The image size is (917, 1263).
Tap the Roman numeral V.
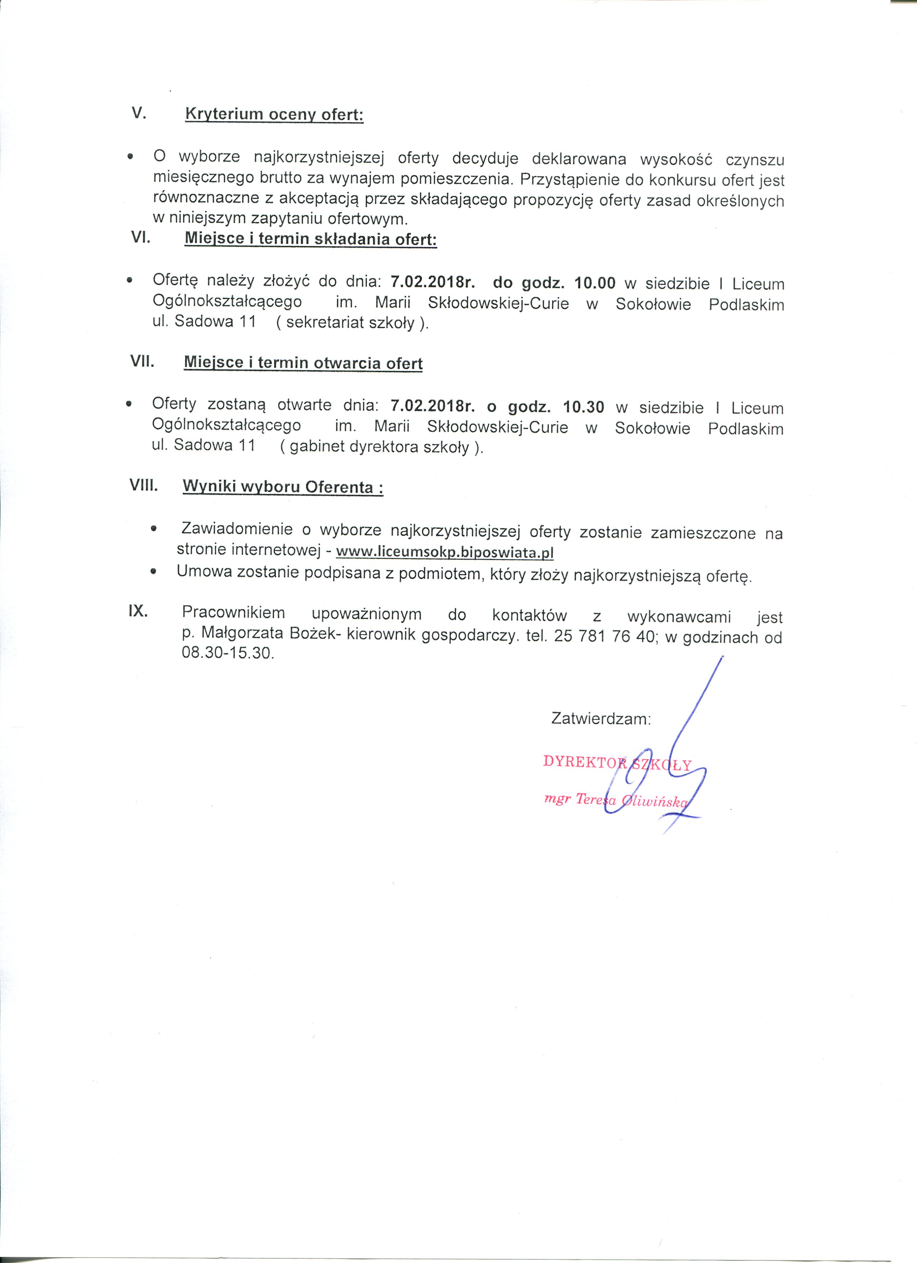pyautogui.click(x=138, y=113)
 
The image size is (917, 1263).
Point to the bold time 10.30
pyautogui.click(x=583, y=407)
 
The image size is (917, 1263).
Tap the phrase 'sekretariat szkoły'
pyautogui.click(x=350, y=322)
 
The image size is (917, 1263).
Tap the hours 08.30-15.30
pyautogui.click(x=228, y=653)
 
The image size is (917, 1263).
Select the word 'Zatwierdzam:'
pyautogui.click(x=601, y=718)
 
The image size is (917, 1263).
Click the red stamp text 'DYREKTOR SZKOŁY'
pyautogui.click(x=616, y=763)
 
